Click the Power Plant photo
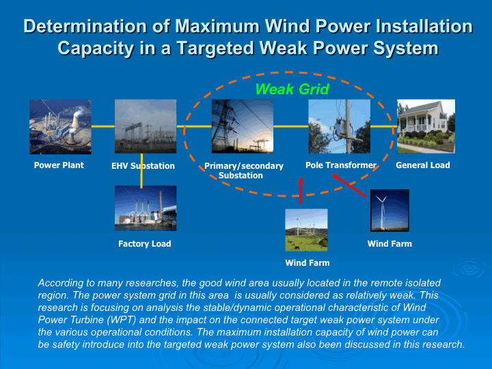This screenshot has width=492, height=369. click(x=60, y=127)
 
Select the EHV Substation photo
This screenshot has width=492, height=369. click(x=146, y=126)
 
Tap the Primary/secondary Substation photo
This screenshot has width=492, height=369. click(x=242, y=126)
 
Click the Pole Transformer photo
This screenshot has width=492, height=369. click(x=339, y=126)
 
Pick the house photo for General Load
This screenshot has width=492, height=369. click(x=426, y=126)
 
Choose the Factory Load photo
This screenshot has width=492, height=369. click(x=146, y=208)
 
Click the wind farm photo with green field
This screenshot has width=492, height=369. click(x=306, y=230)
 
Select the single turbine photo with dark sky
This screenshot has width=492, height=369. click(x=389, y=210)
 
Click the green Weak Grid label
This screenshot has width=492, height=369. click(x=292, y=89)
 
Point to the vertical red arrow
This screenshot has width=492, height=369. click(x=301, y=191)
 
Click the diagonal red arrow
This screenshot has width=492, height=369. click(x=349, y=186)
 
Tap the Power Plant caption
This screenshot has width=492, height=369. click(x=59, y=165)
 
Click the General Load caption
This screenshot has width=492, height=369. click(x=423, y=165)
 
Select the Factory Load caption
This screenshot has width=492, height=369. click(x=145, y=244)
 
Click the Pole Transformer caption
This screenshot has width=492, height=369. click(x=341, y=165)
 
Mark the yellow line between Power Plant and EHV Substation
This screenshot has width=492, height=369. click(x=103, y=126)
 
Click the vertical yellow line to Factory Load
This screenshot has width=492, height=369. click(x=141, y=171)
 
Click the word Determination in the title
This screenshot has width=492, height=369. click(x=85, y=26)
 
